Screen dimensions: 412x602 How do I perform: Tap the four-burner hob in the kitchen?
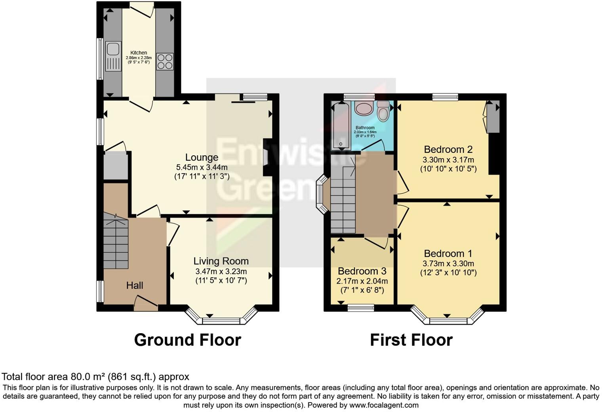click(x=165, y=61)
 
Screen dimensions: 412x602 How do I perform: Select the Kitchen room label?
click(x=139, y=53)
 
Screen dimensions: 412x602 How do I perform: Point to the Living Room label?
click(x=221, y=261)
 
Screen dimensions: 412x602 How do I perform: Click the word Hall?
click(x=135, y=285)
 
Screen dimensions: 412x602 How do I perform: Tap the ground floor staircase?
click(x=116, y=242)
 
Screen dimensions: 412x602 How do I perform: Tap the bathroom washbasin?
click(x=364, y=108)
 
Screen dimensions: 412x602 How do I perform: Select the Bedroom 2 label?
click(x=448, y=149)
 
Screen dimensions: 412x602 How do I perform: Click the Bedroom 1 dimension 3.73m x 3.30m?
click(x=448, y=263)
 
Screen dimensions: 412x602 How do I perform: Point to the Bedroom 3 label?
click(x=362, y=271)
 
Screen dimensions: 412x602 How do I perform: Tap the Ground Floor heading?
click(x=187, y=340)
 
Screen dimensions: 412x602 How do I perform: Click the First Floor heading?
click(x=411, y=340)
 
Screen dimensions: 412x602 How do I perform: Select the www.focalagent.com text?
click(x=384, y=405)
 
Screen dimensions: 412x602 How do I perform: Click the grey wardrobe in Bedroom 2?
click(x=493, y=118)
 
